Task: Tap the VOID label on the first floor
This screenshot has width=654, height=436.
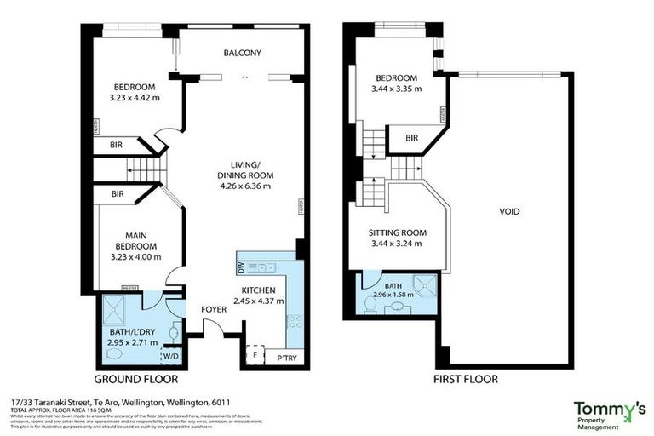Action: click(509, 211)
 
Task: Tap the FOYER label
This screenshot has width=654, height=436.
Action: click(214, 309)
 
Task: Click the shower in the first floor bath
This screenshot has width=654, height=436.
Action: click(422, 284)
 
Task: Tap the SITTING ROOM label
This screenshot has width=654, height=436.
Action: click(397, 232)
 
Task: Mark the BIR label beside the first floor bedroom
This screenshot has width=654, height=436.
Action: click(411, 137)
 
